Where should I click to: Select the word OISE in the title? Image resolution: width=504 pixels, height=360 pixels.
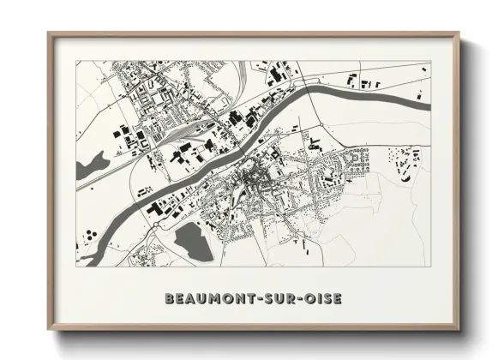click(322, 299)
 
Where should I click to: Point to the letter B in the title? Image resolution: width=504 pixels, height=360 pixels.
click(168, 299)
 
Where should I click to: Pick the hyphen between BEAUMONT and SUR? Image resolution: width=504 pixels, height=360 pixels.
click(259, 299)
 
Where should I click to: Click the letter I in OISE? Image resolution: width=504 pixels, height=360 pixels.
click(317, 299)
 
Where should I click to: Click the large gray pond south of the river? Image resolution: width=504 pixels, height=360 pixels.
click(189, 237)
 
